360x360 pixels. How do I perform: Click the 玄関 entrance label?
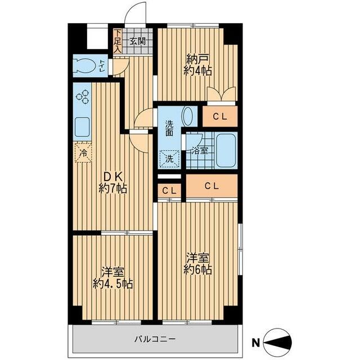[x=138, y=41]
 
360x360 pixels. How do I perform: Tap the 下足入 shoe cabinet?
[x=118, y=41]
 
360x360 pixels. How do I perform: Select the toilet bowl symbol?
[x=85, y=65]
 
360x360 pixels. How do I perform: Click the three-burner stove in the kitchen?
[x=82, y=97]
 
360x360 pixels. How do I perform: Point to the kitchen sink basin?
[x=82, y=127]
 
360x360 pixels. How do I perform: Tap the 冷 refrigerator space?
[x=83, y=152]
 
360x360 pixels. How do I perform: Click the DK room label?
[x=112, y=177]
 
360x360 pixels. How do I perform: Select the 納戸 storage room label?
[x=197, y=59]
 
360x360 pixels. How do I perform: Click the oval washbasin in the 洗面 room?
[x=188, y=116]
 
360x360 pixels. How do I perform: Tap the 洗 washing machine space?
[x=169, y=159]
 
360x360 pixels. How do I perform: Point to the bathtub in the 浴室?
[x=226, y=150]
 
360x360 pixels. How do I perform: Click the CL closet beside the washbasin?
[x=220, y=116]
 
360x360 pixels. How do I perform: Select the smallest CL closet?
[x=169, y=191]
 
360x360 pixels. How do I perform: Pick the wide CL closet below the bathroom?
[x=211, y=186]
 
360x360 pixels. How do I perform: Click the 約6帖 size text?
[x=197, y=270]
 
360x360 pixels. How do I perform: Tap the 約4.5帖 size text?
[x=112, y=284]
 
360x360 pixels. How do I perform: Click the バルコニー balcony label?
[x=155, y=339]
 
